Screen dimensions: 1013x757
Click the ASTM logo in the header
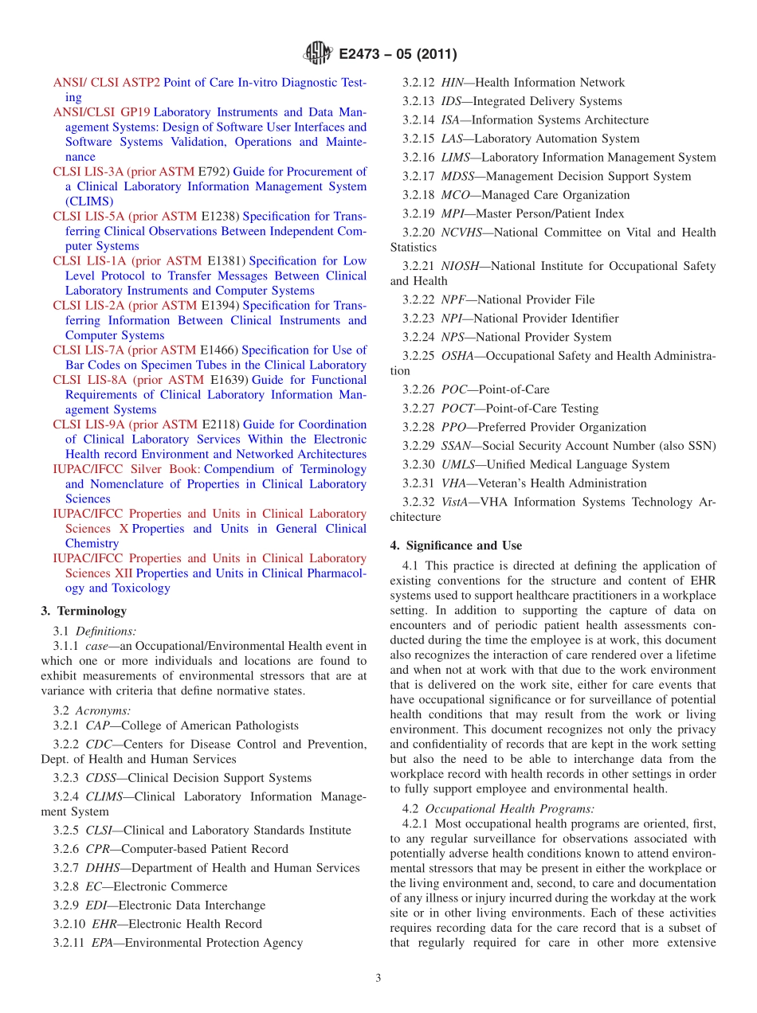[x=318, y=54]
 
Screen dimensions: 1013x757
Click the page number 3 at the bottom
[x=378, y=978]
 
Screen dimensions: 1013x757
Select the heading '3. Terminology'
[x=84, y=611]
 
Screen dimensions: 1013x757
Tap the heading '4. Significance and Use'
[x=456, y=546]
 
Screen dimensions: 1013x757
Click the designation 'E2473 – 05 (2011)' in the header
[x=398, y=55]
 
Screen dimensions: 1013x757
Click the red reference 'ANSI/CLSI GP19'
[x=101, y=112]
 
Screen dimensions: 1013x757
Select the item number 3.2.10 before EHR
[x=69, y=924]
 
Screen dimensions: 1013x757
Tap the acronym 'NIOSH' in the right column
[x=461, y=266]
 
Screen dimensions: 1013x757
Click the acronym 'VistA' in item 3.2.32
[x=457, y=502]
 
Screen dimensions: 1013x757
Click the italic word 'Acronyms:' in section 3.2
[x=104, y=710]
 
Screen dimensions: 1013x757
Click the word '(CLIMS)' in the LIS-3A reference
[x=89, y=201]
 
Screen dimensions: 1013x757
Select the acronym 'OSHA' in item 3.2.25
[x=458, y=356]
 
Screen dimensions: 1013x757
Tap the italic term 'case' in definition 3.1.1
[x=97, y=646]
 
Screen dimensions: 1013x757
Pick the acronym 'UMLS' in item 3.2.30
[x=458, y=464]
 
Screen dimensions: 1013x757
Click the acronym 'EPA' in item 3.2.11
[x=104, y=943]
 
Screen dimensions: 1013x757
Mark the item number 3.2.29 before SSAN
[x=418, y=446]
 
